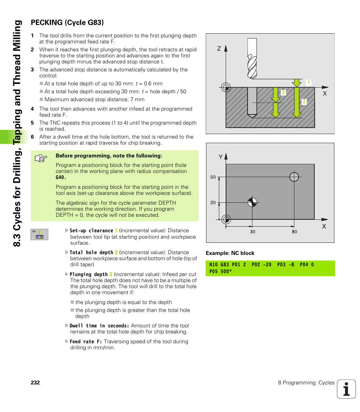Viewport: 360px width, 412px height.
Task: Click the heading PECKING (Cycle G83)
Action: point(67,22)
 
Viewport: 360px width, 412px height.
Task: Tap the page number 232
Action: point(35,383)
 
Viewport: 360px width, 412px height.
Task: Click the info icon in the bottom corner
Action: point(346,389)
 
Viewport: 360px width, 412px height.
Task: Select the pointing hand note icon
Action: point(40,158)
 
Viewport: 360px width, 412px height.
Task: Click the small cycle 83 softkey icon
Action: point(39,235)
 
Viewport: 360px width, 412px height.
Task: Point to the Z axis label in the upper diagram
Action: point(218,49)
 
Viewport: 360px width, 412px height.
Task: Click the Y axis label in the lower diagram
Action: point(221,157)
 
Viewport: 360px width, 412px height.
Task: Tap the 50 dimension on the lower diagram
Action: point(213,177)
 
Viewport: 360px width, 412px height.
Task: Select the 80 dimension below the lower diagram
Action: point(294,231)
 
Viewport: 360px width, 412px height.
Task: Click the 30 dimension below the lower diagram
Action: point(252,231)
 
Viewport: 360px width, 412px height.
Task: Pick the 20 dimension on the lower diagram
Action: point(213,203)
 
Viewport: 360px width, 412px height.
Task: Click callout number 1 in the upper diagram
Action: point(308,83)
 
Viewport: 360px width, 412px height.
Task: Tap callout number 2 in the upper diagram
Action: point(304,102)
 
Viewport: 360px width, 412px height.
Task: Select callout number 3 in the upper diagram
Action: point(283,93)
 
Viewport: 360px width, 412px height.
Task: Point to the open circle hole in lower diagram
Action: point(294,177)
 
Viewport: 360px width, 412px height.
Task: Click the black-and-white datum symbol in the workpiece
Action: point(252,202)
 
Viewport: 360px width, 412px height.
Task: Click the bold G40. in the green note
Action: point(61,177)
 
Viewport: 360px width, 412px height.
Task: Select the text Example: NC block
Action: point(230,253)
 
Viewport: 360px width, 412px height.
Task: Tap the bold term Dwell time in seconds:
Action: point(100,326)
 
